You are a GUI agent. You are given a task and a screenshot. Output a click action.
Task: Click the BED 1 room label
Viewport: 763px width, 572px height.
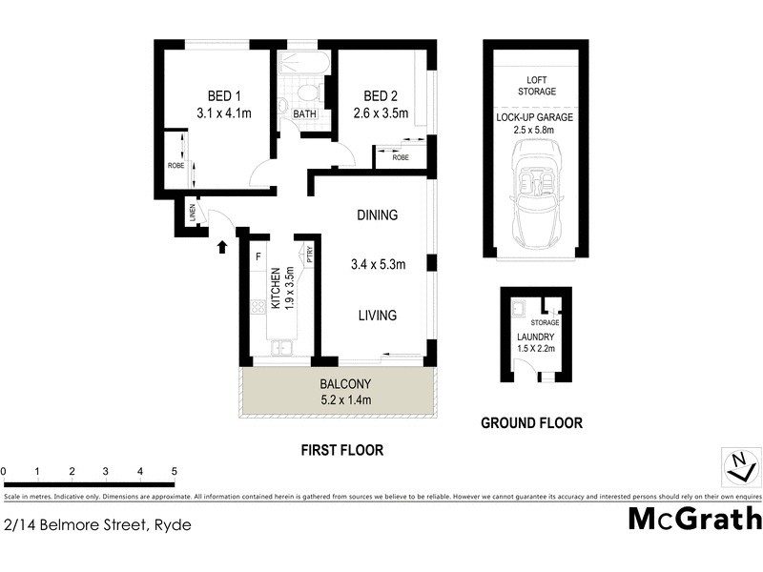[x=224, y=95]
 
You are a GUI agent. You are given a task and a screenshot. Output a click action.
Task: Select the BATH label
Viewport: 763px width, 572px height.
[x=304, y=114]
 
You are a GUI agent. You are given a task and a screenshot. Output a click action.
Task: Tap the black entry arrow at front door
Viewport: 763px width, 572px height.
[x=222, y=248]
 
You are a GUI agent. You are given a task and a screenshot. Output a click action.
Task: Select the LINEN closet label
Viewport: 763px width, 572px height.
[x=192, y=215]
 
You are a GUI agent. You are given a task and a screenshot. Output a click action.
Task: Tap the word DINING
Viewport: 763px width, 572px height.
[x=377, y=215]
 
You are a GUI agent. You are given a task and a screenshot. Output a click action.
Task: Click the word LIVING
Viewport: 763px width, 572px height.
[x=377, y=316]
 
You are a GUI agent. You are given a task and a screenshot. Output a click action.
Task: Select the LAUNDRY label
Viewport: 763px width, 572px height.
[x=534, y=337]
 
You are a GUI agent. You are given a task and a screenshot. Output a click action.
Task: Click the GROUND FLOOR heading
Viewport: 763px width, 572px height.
[x=531, y=423]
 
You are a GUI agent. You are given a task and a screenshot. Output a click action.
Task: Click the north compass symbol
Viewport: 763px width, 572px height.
[x=739, y=466]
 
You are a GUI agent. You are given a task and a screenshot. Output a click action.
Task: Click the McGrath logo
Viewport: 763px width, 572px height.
[x=695, y=519]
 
